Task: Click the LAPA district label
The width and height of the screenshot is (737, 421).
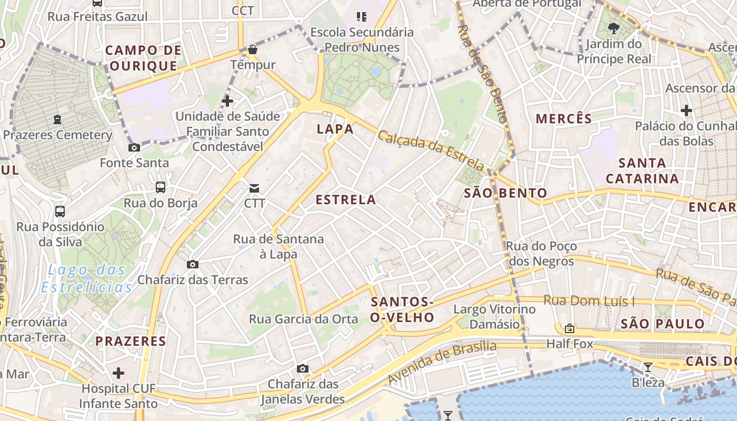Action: (335, 129)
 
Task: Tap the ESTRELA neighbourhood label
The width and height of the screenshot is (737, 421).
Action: (346, 199)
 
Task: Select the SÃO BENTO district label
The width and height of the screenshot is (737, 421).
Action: (505, 193)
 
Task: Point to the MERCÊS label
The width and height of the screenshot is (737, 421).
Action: (564, 119)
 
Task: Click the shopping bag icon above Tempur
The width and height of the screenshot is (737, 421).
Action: (253, 49)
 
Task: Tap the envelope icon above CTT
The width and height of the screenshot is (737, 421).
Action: (254, 188)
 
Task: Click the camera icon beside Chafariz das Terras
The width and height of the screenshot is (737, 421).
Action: (193, 264)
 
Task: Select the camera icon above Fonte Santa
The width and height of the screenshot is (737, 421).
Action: (134, 148)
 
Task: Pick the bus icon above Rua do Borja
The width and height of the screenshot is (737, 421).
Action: (160, 187)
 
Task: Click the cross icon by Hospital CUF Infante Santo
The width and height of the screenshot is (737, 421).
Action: (118, 373)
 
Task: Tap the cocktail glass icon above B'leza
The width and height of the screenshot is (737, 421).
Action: (648, 367)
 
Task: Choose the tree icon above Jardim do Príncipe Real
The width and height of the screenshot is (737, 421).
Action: (613, 28)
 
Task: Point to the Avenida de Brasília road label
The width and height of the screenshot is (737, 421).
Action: (442, 363)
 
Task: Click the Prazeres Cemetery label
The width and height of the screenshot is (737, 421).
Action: (57, 135)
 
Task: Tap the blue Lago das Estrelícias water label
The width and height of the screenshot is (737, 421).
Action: (87, 279)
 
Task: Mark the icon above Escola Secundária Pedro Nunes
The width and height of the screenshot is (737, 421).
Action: (361, 17)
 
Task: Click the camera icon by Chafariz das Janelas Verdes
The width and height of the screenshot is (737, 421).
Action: (302, 368)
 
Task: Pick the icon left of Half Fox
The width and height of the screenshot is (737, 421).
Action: (569, 329)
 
